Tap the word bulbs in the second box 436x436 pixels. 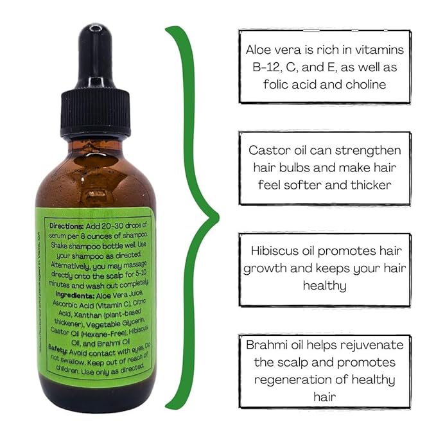(x=301, y=168)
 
